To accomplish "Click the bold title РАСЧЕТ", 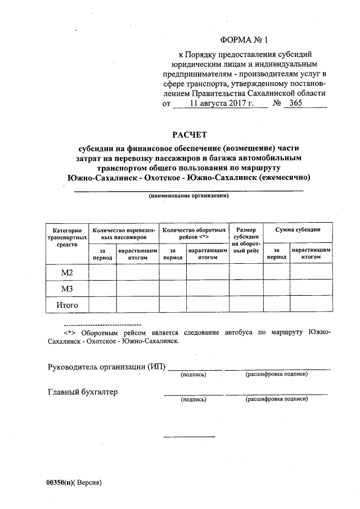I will point(189,135).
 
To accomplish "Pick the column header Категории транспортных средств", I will point(67,238).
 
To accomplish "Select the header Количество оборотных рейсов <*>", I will point(195,233).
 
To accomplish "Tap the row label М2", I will point(67,272).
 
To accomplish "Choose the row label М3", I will point(67,289).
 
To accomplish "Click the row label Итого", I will point(67,305).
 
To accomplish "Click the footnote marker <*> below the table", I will point(69,332).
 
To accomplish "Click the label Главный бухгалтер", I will point(82,392).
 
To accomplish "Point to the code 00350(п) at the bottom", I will point(60,483).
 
